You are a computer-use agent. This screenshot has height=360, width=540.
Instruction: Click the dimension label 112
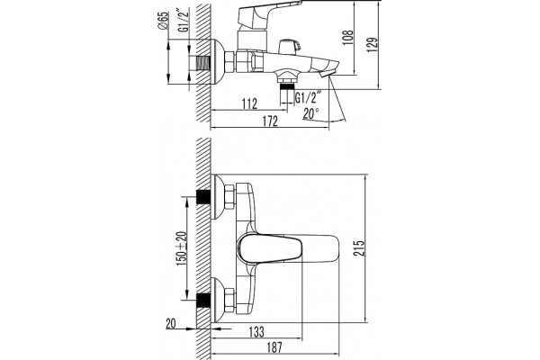click(249, 103)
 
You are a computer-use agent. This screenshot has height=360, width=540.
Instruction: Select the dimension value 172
click(270, 121)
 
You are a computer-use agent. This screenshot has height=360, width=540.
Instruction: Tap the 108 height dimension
click(348, 37)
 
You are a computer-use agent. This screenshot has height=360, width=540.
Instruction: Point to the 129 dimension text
click(373, 45)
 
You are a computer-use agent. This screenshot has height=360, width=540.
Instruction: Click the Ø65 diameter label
click(163, 21)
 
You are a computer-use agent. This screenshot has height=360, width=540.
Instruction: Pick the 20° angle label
click(311, 113)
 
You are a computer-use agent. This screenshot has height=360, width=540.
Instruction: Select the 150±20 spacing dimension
click(182, 248)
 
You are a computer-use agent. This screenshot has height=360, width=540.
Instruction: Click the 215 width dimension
click(358, 248)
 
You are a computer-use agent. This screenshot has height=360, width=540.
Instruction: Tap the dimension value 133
click(256, 331)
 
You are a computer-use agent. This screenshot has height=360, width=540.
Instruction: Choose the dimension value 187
click(274, 347)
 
